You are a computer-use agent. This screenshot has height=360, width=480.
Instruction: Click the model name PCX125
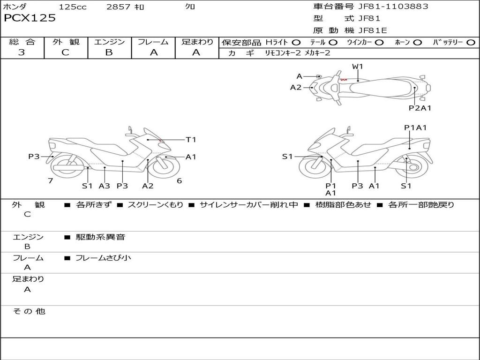click(x=30, y=18)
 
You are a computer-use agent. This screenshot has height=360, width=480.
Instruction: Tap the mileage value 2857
click(x=119, y=7)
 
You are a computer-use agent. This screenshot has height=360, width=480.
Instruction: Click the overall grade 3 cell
click(x=22, y=52)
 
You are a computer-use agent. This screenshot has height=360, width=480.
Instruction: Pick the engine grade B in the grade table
click(x=109, y=52)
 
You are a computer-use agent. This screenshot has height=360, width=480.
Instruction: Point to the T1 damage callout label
click(x=191, y=140)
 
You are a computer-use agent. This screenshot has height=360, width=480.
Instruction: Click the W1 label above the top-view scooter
click(x=358, y=67)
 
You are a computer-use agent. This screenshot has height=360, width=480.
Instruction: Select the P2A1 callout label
click(x=420, y=108)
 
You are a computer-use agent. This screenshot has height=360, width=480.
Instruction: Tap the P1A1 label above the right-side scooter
click(x=415, y=127)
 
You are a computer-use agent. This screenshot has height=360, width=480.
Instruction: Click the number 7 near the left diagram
click(x=50, y=180)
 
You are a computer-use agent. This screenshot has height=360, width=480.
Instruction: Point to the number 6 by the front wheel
click(x=179, y=180)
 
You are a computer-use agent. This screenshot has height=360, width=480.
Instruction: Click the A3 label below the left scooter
click(x=104, y=186)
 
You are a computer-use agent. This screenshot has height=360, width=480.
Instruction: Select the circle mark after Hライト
click(x=296, y=43)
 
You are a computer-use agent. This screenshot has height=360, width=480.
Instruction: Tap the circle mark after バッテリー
click(x=471, y=43)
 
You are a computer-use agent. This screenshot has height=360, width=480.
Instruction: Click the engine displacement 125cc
click(x=72, y=7)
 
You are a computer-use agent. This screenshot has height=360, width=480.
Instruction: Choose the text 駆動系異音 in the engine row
click(x=101, y=237)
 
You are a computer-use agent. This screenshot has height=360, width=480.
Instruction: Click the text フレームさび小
click(x=103, y=258)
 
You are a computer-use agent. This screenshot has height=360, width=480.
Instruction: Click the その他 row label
click(x=29, y=311)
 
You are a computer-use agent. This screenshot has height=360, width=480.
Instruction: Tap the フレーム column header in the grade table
click(x=153, y=42)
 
